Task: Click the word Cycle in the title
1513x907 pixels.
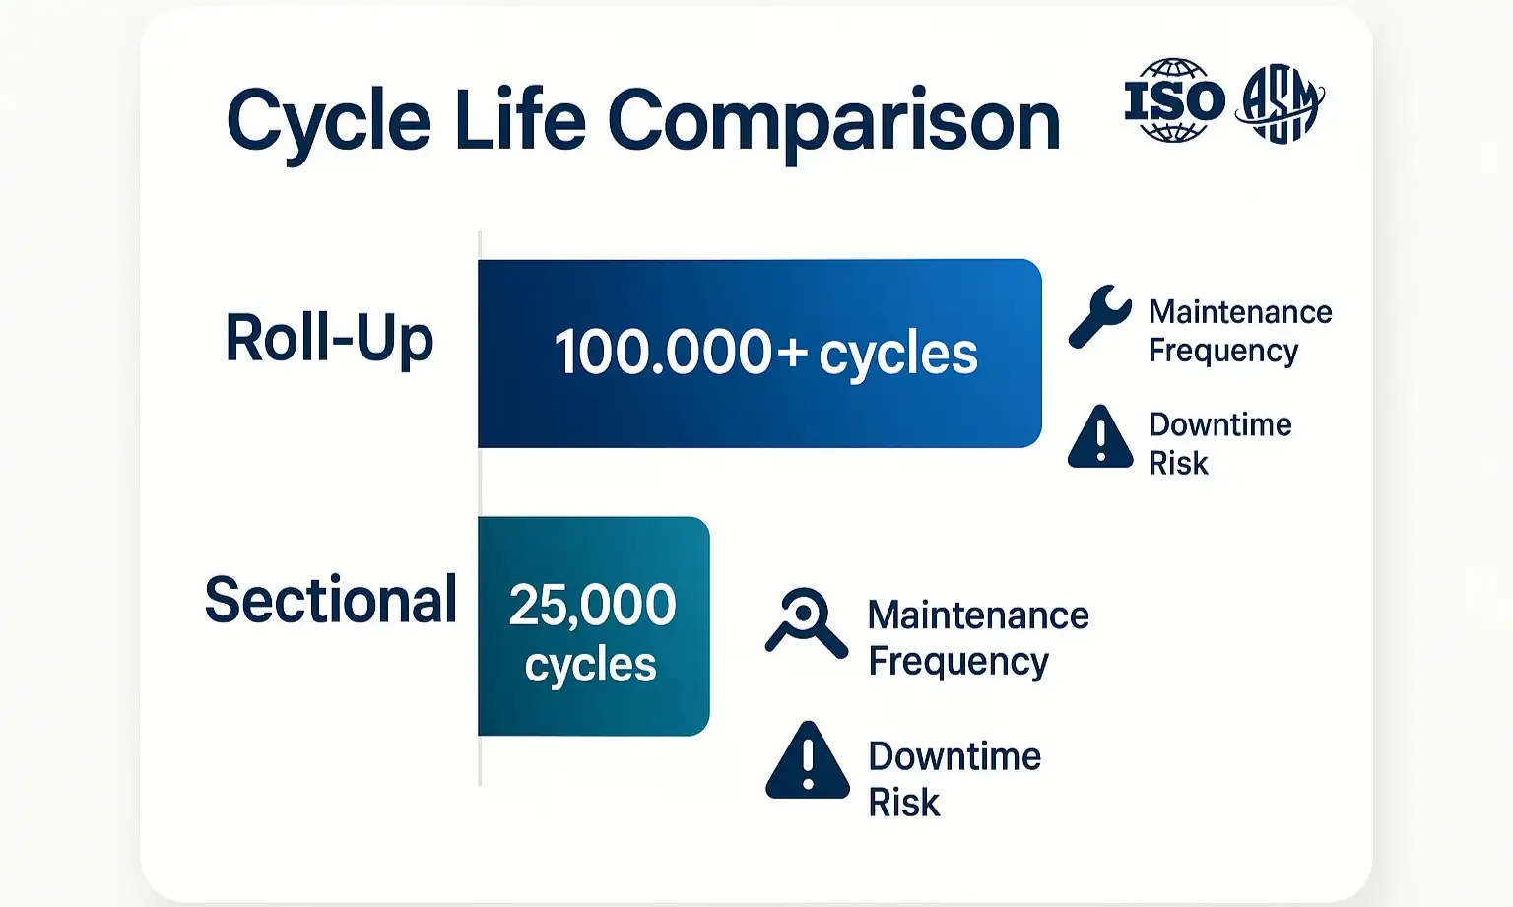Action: point(329,123)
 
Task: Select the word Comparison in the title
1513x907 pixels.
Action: point(833,123)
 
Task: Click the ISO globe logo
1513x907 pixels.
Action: point(1173,100)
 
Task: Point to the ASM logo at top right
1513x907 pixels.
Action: point(1281,102)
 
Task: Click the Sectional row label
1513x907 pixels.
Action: point(331,600)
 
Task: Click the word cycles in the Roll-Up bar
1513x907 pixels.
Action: point(898,355)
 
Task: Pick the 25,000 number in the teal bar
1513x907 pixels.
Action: point(592,605)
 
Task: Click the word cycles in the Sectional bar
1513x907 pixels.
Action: point(590,666)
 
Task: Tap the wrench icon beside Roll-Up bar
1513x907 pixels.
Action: point(1099,317)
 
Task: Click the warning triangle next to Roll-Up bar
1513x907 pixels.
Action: point(1100,437)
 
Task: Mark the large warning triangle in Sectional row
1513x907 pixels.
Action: point(807,761)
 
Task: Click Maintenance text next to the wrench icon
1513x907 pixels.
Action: point(1240,312)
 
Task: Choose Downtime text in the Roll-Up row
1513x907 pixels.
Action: point(1219,424)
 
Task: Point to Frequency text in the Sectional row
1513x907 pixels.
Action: point(957,662)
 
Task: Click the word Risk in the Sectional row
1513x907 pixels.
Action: point(903,803)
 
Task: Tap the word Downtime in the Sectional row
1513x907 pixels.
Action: point(954,756)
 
